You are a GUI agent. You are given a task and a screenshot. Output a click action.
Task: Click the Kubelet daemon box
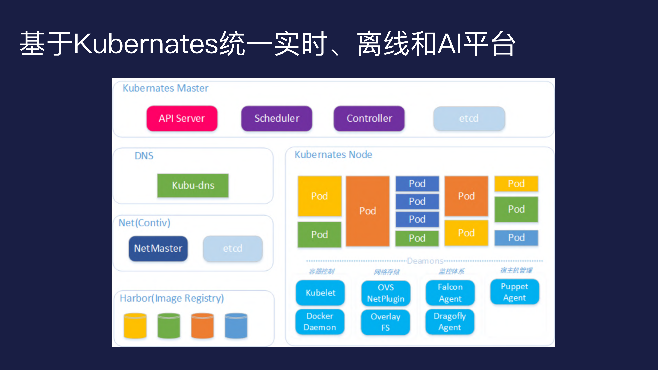[320, 293]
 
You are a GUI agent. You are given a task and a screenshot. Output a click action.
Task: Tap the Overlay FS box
[385, 322]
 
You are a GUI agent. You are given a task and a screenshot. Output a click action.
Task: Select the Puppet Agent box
[514, 292]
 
